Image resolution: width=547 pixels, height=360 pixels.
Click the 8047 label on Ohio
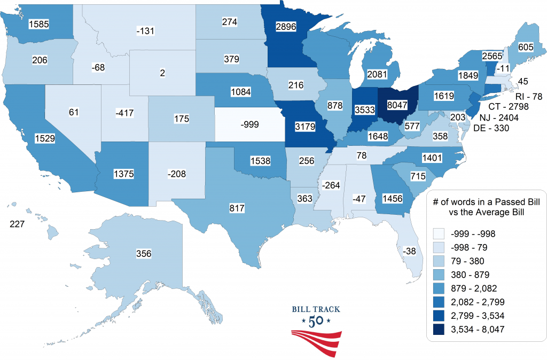[x=395, y=106]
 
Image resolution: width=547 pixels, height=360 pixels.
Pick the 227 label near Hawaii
[x=19, y=224]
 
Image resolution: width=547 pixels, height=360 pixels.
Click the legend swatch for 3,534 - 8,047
[x=441, y=330]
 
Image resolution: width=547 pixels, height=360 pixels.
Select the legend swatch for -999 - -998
[x=441, y=233]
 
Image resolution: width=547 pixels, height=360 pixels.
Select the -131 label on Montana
[x=145, y=31]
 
